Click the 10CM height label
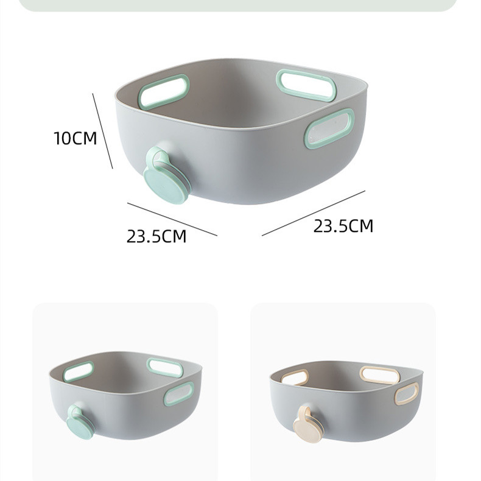click(x=75, y=138)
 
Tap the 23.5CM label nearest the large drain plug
click(x=156, y=236)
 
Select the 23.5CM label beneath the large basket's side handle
click(x=343, y=226)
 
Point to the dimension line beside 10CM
click(x=103, y=131)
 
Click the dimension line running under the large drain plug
click(x=172, y=219)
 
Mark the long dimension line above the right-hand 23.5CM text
click(x=314, y=213)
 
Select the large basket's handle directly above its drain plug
click(x=164, y=92)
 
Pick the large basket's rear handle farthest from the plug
click(x=306, y=85)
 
